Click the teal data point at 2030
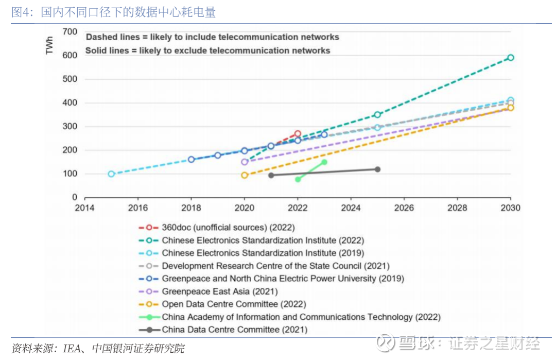click(510, 58)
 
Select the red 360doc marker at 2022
click(298, 134)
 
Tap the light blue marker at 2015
click(111, 174)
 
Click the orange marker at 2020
click(245, 175)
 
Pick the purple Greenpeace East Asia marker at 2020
click(245, 162)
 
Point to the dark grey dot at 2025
click(377, 169)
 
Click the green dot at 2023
click(324, 162)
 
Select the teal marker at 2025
click(377, 115)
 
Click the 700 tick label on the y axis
click(70, 32)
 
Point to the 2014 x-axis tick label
click(84, 208)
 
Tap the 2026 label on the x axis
click(404, 208)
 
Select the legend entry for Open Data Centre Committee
click(234, 304)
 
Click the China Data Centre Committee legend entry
click(234, 330)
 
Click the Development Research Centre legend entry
click(275, 266)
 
